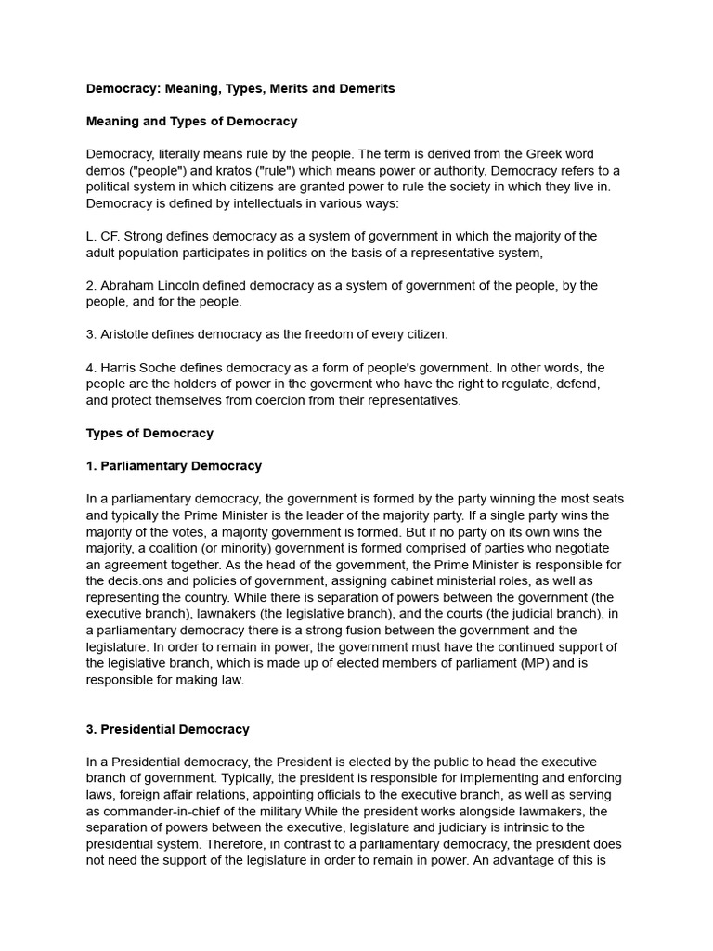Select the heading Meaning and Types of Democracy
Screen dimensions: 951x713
[191, 121]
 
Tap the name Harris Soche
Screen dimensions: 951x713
[142, 368]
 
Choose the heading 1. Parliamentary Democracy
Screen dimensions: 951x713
[174, 466]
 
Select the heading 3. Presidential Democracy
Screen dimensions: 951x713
[167, 729]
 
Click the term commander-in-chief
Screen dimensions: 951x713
[157, 811]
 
